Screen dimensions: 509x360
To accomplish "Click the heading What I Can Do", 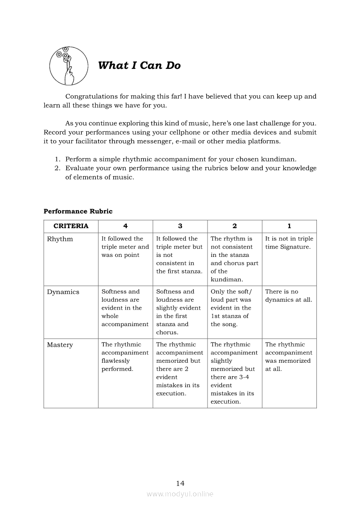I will pos(139,66).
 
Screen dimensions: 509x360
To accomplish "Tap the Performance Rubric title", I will pos(78,212).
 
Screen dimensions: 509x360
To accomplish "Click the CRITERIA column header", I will pos(71,226).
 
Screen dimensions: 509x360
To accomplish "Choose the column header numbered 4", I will pos(126,226).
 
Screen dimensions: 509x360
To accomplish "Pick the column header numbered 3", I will pos(180,226).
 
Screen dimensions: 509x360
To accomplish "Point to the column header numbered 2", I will pos(234,226).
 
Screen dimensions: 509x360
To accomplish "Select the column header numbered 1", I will pos(289,226).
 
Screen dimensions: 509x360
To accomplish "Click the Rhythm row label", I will pos(60,239).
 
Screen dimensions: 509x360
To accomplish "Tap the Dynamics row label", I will pos(63,292).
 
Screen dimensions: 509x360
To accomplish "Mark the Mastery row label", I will pos(60,345).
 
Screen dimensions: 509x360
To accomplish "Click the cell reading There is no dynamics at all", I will pos(289,296).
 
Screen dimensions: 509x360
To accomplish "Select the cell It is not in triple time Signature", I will pos(289,243).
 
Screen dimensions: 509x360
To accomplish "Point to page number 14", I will pos(180,483).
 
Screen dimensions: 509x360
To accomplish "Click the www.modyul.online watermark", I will pos(180,494).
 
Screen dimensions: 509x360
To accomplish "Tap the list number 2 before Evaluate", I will pos(57,169).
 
